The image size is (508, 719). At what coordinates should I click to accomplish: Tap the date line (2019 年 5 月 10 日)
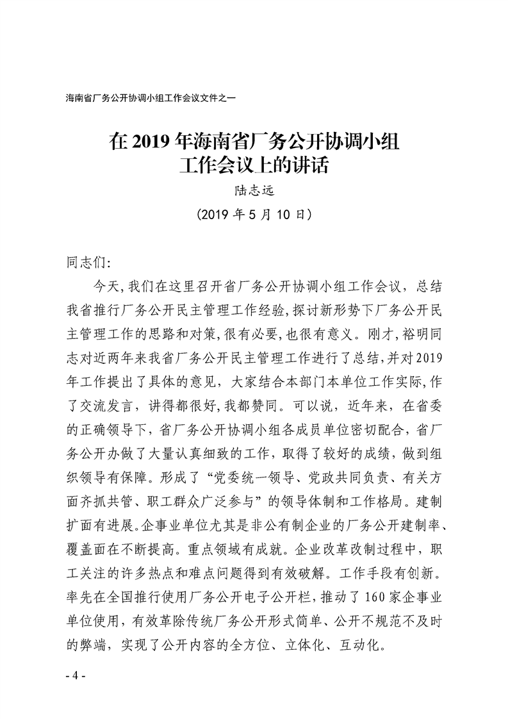[x=254, y=215]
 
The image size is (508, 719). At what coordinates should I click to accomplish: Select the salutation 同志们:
[x=88, y=262]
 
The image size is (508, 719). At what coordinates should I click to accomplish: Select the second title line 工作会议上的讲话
[x=254, y=166]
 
